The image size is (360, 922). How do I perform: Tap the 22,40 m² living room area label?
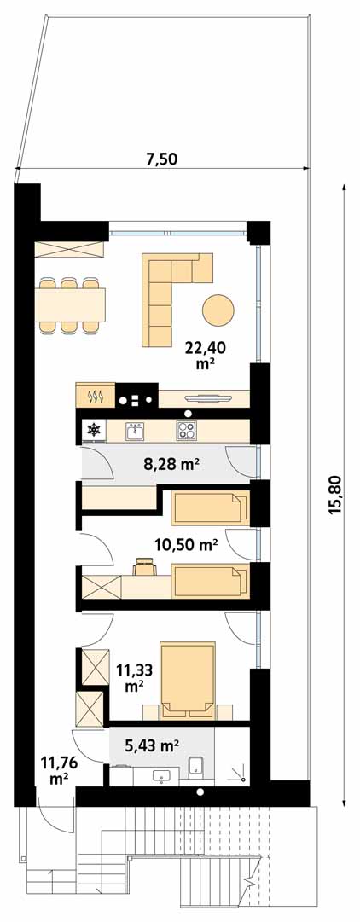click(x=206, y=355)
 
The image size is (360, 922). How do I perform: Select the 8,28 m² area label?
click(x=170, y=465)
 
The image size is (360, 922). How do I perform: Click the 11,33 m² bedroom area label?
click(x=133, y=677)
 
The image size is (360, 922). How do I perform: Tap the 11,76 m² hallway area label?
click(x=57, y=769)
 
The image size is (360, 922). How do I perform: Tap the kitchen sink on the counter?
click(x=136, y=432)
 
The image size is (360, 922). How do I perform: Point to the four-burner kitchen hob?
click(x=187, y=431)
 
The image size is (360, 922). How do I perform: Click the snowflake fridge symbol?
click(x=93, y=431)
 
